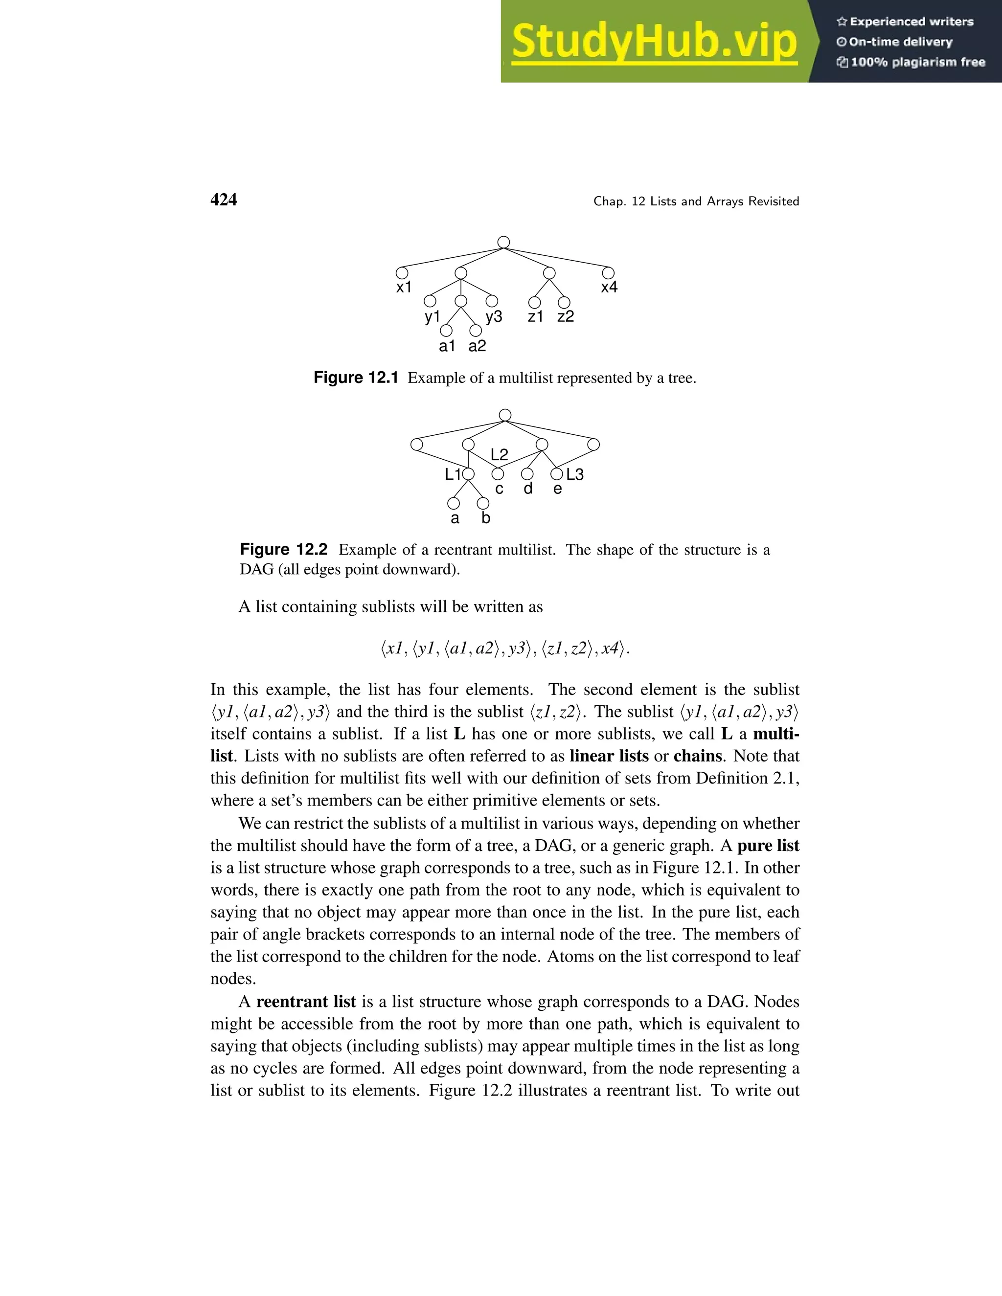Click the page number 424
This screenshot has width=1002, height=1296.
click(x=224, y=200)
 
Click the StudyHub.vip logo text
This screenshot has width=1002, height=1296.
click(x=654, y=42)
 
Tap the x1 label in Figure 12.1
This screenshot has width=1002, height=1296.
click(x=404, y=288)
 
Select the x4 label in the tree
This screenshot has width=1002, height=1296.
click(x=609, y=288)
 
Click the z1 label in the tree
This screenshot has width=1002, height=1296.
click(x=535, y=317)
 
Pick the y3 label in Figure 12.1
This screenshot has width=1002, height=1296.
click(x=494, y=317)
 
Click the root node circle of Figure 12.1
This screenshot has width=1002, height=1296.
click(x=503, y=242)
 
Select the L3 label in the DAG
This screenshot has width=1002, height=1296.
click(x=574, y=475)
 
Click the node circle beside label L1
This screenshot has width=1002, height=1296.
click(x=468, y=474)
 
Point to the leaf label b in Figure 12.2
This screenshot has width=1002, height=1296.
click(x=485, y=518)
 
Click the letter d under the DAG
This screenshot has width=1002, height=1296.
click(x=528, y=489)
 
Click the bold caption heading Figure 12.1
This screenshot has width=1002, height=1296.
click(x=356, y=378)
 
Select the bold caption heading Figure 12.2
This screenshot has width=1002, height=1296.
click(x=283, y=550)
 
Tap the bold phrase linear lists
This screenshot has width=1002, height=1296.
click(x=609, y=756)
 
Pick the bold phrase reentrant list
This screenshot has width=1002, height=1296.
click(x=306, y=1002)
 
